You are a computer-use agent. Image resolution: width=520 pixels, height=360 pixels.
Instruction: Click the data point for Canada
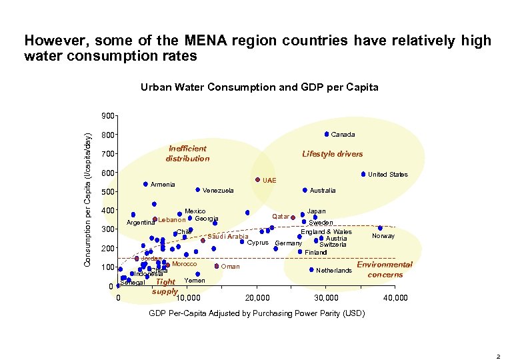pyautogui.click(x=327, y=134)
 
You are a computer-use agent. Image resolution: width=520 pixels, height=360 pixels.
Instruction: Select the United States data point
pyautogui.click(x=363, y=175)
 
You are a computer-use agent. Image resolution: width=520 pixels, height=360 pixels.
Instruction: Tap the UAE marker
pyautogui.click(x=257, y=179)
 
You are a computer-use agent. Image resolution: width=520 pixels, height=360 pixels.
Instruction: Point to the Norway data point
pyautogui.click(x=380, y=228)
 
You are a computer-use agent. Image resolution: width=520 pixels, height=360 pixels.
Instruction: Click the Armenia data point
pyautogui.click(x=145, y=184)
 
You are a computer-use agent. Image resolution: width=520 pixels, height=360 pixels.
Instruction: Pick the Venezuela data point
pyautogui.click(x=198, y=190)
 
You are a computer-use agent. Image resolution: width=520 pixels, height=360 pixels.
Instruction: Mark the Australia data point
pyautogui.click(x=305, y=190)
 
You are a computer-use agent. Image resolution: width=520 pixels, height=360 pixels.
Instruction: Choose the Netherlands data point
pyautogui.click(x=311, y=270)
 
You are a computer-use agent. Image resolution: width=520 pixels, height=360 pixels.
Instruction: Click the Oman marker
pyautogui.click(x=217, y=266)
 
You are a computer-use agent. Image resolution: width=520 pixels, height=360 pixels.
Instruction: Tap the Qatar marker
pyautogui.click(x=293, y=217)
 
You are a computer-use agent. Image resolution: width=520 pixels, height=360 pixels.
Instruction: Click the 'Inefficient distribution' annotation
pyautogui.click(x=187, y=153)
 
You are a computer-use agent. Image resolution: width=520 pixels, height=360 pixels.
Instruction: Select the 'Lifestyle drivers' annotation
pyautogui.click(x=332, y=154)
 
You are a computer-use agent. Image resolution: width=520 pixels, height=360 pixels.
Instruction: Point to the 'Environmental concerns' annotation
pyautogui.click(x=385, y=269)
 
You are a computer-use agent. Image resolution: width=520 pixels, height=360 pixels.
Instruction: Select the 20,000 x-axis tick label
pyautogui.click(x=257, y=297)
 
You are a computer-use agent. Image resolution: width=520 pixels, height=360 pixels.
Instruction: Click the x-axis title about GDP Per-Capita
pyautogui.click(x=257, y=313)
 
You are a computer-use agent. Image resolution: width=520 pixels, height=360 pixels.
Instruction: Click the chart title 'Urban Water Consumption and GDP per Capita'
pyautogui.click(x=259, y=87)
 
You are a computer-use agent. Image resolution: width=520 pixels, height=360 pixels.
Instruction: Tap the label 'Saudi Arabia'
pyautogui.click(x=228, y=237)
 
